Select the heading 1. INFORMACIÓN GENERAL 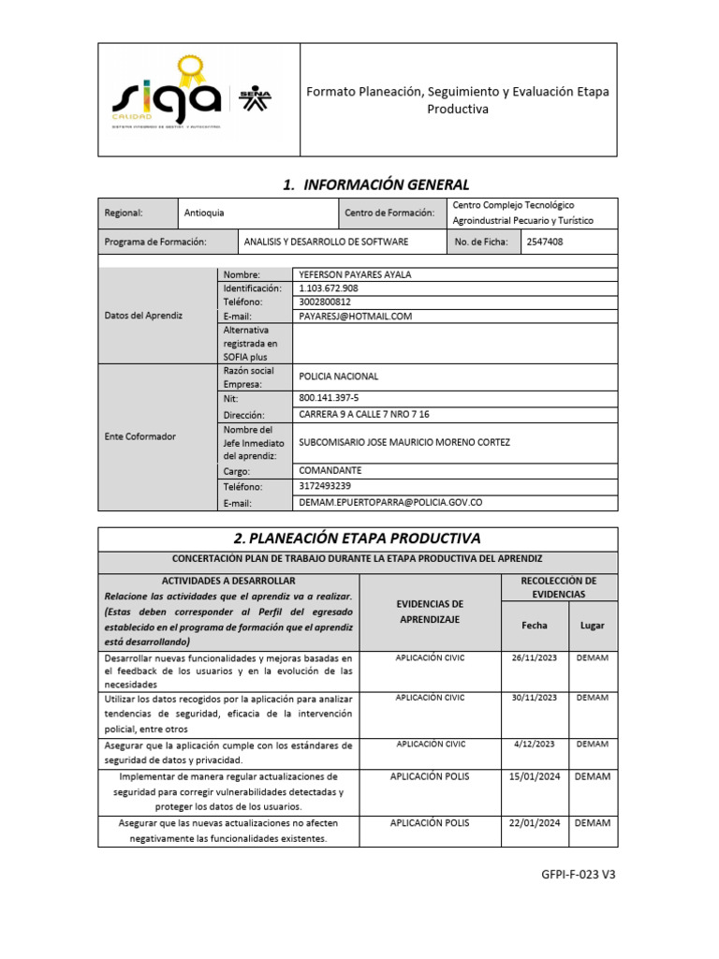coord(375,184)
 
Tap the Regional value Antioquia coord(204,214)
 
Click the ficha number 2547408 coord(544,242)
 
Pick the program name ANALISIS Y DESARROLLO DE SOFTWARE coord(326,242)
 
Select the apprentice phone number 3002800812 coord(325,302)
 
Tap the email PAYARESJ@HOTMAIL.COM coord(355,317)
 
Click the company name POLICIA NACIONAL coord(338,376)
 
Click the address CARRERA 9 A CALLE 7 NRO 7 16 coord(363,414)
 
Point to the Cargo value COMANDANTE coord(330,470)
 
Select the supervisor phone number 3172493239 coord(325,486)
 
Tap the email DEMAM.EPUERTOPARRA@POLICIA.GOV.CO coord(389,503)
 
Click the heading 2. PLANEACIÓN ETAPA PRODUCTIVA coord(358,539)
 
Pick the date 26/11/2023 coord(534,658)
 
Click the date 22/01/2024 coord(534,823)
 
